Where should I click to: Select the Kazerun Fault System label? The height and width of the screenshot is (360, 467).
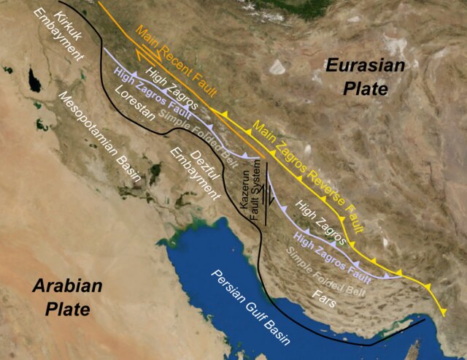pyautogui.click(x=250, y=191)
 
